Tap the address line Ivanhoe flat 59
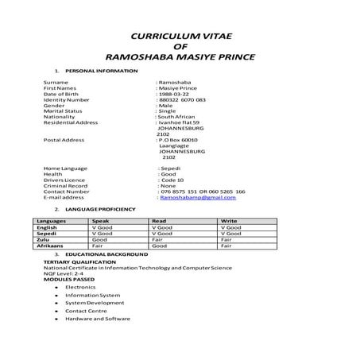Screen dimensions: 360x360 pyautogui.click(x=180, y=122)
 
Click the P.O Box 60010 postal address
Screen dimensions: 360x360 pyautogui.click(x=178, y=140)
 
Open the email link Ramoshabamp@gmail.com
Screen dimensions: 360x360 pyautogui.click(x=198, y=197)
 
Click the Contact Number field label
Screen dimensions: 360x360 pyautogui.click(x=67, y=192)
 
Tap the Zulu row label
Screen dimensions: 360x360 pyautogui.click(x=44, y=238)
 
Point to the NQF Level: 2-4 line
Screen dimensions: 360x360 pyautogui.click(x=63, y=273)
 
